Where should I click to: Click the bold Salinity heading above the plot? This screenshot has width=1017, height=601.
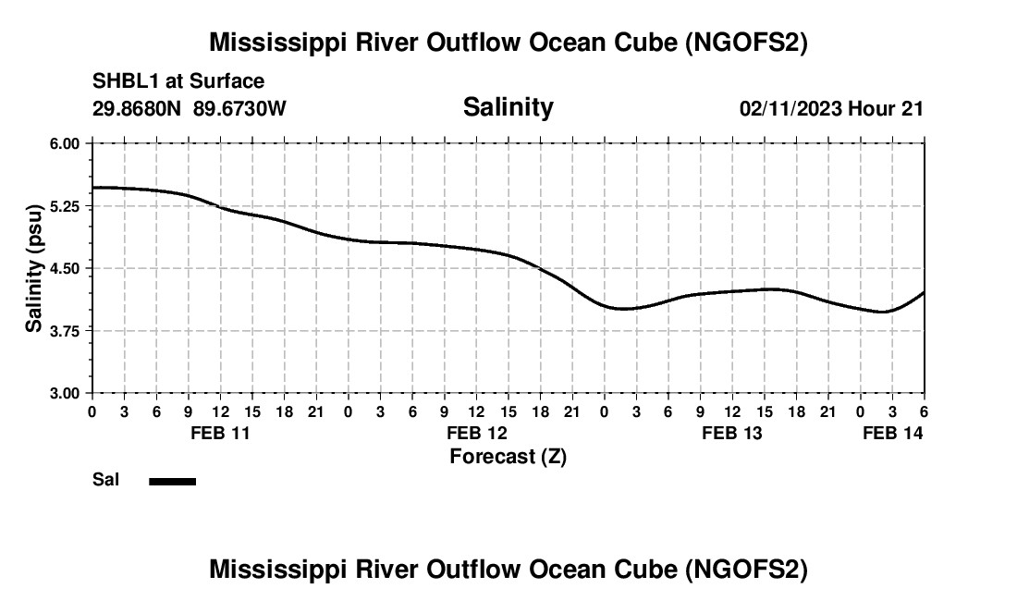[508, 107]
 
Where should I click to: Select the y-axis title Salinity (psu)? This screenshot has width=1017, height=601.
[34, 268]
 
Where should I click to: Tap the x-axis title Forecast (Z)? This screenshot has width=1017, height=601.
[508, 456]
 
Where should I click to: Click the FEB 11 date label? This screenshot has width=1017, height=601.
[220, 433]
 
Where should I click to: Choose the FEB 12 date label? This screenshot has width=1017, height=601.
[477, 433]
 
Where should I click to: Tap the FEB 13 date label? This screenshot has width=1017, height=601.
[733, 433]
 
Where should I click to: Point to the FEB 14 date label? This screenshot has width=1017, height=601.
[893, 433]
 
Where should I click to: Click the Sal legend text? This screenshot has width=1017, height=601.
[104, 480]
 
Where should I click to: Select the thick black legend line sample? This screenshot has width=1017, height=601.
[172, 481]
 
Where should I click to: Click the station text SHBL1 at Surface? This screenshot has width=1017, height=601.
[178, 82]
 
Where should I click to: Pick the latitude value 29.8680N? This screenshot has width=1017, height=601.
[139, 108]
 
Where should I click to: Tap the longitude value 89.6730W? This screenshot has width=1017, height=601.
[240, 108]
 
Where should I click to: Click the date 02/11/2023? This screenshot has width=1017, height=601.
[790, 108]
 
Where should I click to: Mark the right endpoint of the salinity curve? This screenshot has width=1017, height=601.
[924, 292]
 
